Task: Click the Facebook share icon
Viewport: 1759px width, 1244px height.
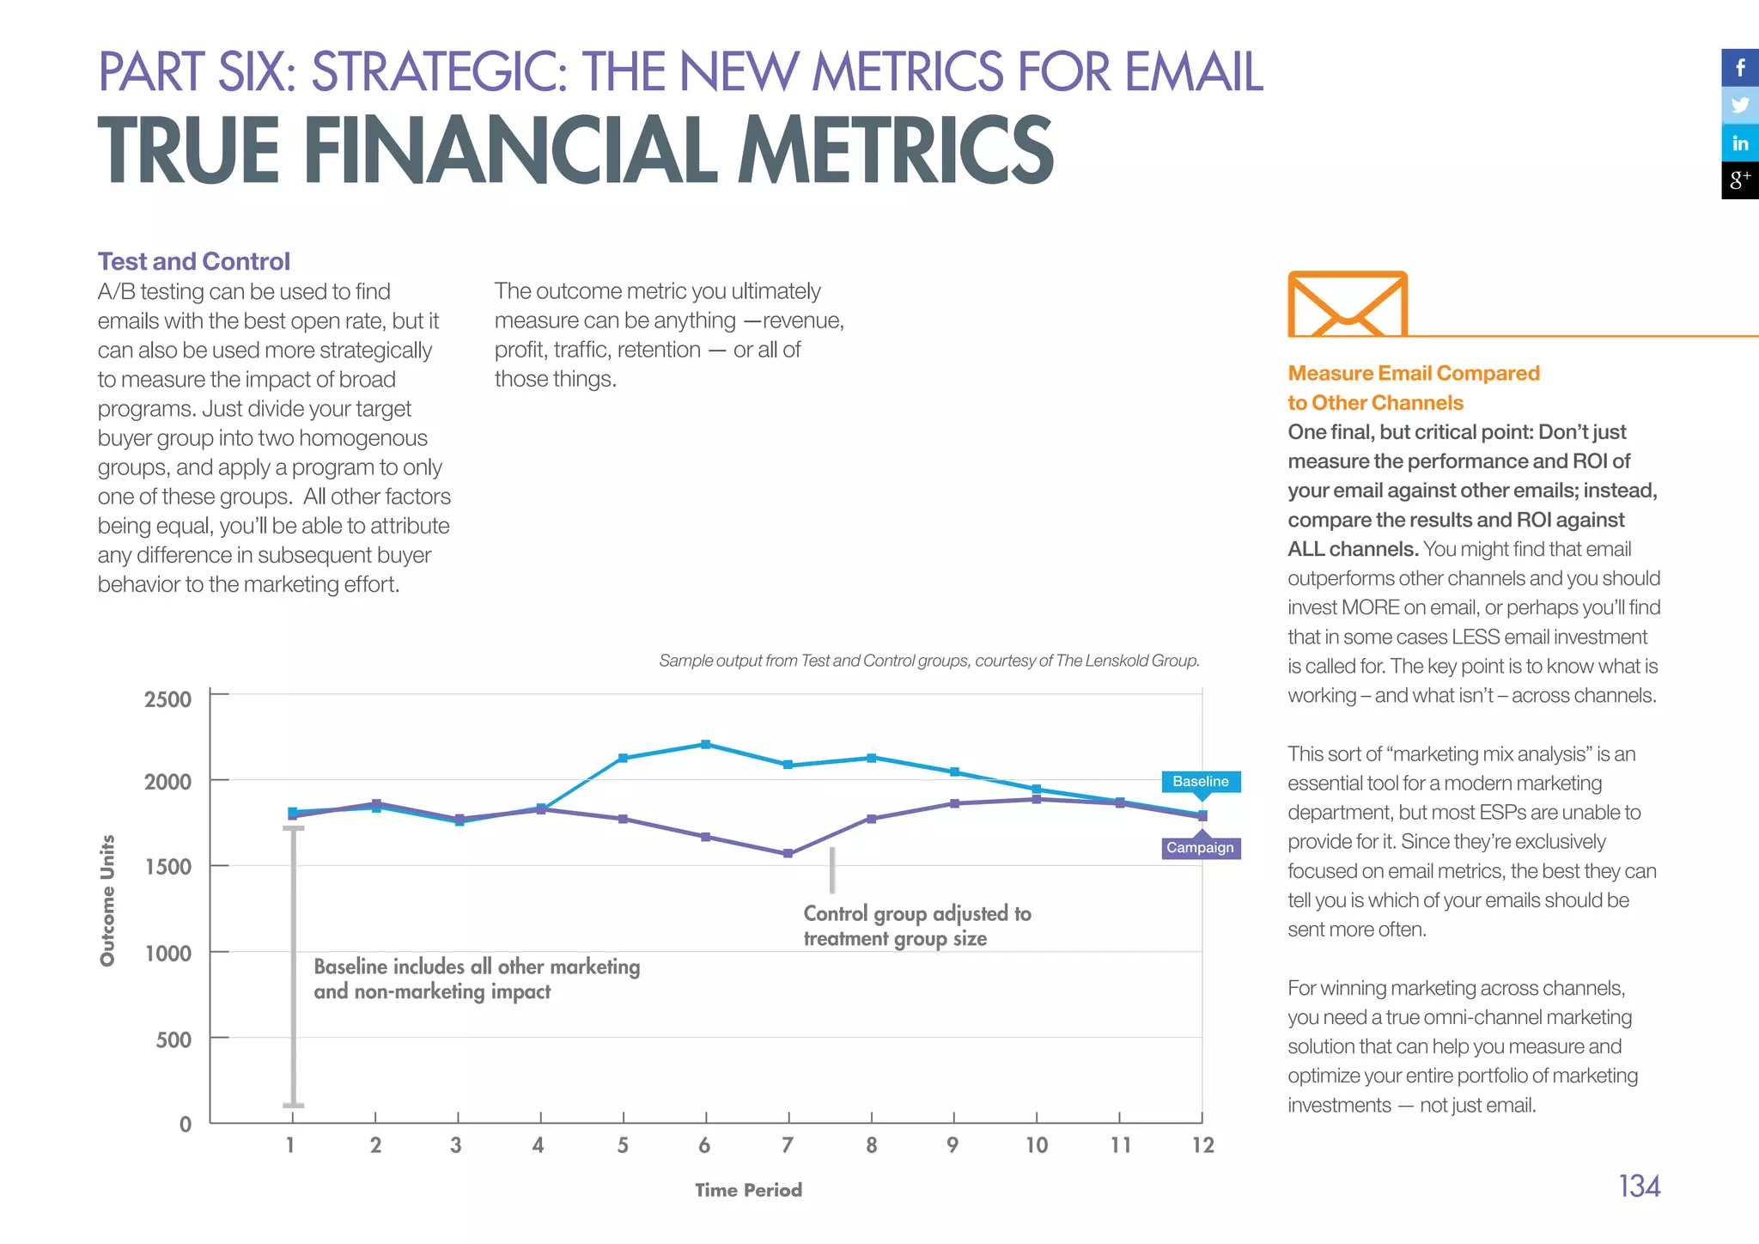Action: [1740, 68]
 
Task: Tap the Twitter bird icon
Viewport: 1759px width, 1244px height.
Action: [1740, 106]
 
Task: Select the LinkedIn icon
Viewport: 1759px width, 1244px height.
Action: [1740, 143]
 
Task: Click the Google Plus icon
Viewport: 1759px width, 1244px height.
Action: [1740, 180]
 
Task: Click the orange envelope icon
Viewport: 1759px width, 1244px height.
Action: [1347, 305]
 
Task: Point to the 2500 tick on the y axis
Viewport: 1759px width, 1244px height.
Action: [168, 699]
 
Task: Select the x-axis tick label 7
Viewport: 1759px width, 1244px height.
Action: [788, 1145]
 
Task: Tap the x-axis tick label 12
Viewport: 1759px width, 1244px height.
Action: [1202, 1145]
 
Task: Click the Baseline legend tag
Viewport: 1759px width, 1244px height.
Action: [1201, 781]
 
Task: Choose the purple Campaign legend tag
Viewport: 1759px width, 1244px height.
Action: [1201, 848]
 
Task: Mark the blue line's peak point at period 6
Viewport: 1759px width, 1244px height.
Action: [706, 744]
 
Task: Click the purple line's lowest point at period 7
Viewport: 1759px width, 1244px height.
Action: [788, 854]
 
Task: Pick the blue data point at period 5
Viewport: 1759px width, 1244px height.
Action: [624, 758]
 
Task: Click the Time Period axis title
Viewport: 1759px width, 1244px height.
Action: [748, 1190]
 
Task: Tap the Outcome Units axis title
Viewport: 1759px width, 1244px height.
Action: [107, 900]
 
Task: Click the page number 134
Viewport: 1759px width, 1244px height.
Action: [1639, 1186]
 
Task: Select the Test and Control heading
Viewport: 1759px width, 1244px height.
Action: [194, 261]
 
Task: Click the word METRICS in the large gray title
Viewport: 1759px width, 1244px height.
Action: [895, 151]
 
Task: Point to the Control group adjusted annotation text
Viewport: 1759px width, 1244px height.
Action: [916, 925]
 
